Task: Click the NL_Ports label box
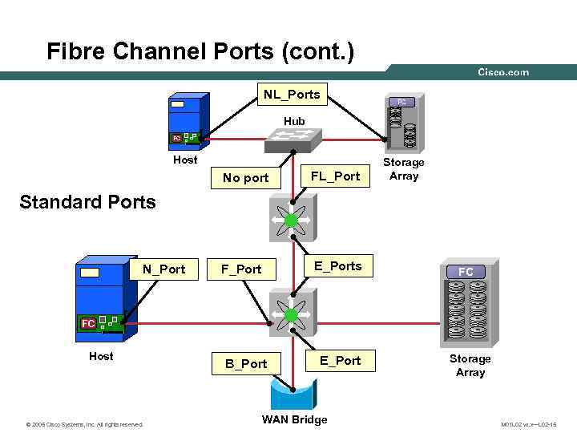pos(292,95)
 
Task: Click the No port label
pos(245,178)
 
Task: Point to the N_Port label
pos(163,269)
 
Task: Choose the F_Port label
pos(242,269)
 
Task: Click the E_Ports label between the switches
pos(337,266)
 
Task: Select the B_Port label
pos(245,363)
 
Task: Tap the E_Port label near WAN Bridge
pos(341,361)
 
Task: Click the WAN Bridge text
pos(294,419)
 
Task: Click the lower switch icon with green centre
pos(291,315)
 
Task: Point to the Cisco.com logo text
pos(503,72)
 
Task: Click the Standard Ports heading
pos(87,202)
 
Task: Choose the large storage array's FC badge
pos(466,273)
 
